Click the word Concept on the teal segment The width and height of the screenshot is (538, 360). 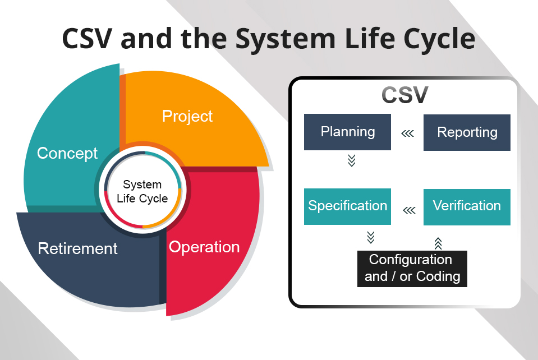(x=67, y=153)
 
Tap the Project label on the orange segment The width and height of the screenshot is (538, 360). (x=187, y=116)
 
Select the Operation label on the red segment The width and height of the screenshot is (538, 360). (x=204, y=247)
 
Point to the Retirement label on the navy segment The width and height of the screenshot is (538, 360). (x=77, y=248)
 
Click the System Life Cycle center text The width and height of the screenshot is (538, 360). (x=142, y=191)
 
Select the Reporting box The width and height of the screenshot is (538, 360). (x=467, y=133)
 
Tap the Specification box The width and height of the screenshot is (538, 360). (x=347, y=206)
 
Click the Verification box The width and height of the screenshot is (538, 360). (x=467, y=206)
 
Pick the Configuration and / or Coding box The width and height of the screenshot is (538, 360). (x=412, y=269)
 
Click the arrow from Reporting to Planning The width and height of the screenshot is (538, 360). (x=408, y=133)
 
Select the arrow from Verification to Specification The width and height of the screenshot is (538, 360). (x=409, y=210)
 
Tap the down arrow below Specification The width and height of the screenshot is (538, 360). (x=370, y=237)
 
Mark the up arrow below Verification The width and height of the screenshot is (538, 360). (x=438, y=243)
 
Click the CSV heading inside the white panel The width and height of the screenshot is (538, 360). (x=404, y=95)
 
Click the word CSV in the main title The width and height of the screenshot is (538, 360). (x=88, y=39)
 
